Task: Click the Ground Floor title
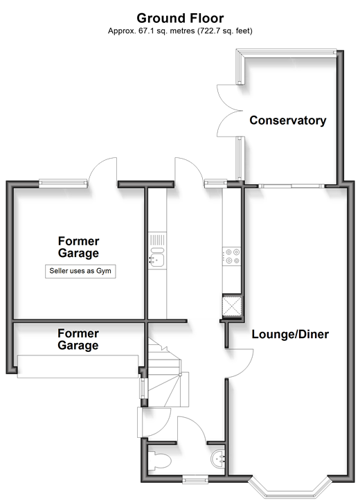(x=180, y=18)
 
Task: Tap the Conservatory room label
(x=288, y=121)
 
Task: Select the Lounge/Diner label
(x=290, y=334)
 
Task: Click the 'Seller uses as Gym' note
(x=80, y=271)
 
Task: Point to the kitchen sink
(x=157, y=257)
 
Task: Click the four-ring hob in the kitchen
(x=231, y=256)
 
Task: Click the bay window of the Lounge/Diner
(x=290, y=487)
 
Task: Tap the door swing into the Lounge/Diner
(x=240, y=363)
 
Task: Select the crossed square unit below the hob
(x=231, y=306)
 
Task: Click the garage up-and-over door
(x=78, y=367)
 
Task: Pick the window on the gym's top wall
(x=63, y=184)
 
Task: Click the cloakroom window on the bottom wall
(x=195, y=480)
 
